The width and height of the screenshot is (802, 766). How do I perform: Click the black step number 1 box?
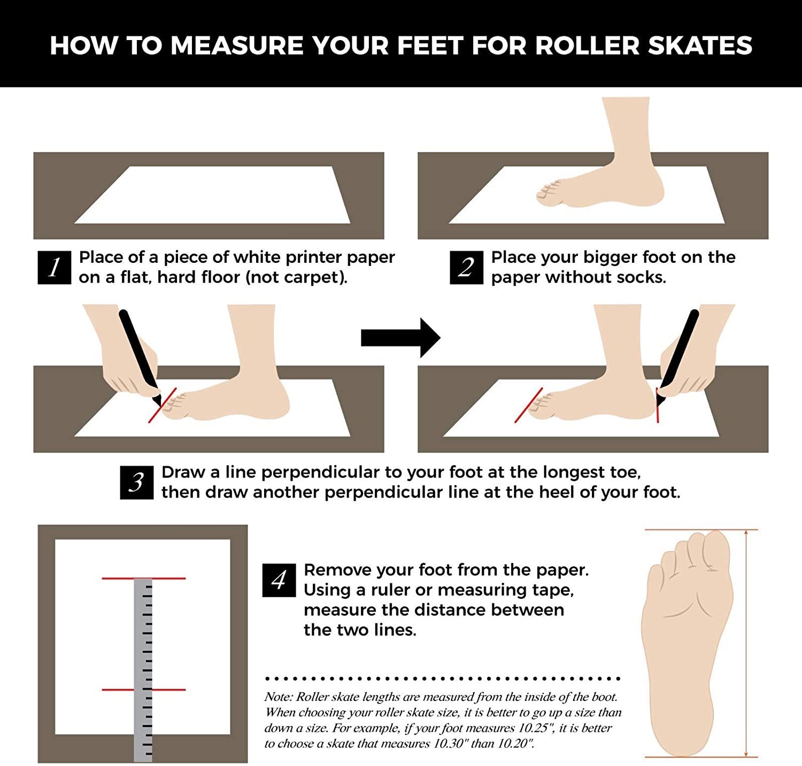[x=55, y=267]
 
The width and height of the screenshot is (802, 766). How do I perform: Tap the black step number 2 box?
[x=466, y=267]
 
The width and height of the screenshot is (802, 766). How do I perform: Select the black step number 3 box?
[x=137, y=482]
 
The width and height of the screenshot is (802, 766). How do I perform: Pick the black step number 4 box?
[x=279, y=580]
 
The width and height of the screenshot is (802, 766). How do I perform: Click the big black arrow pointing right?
[x=401, y=338]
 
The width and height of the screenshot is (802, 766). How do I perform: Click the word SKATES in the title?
[x=700, y=45]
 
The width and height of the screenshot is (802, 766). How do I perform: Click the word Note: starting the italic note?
[x=279, y=697]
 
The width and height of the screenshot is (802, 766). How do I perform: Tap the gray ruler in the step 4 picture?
[x=143, y=670]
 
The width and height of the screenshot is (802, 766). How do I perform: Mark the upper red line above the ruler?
[x=144, y=578]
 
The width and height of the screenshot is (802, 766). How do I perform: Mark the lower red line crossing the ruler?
[x=144, y=690]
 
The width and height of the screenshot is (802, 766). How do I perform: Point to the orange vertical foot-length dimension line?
[x=746, y=643]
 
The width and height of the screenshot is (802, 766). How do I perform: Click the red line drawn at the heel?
[x=657, y=405]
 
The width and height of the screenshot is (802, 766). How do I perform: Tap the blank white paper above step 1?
[x=212, y=195]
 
